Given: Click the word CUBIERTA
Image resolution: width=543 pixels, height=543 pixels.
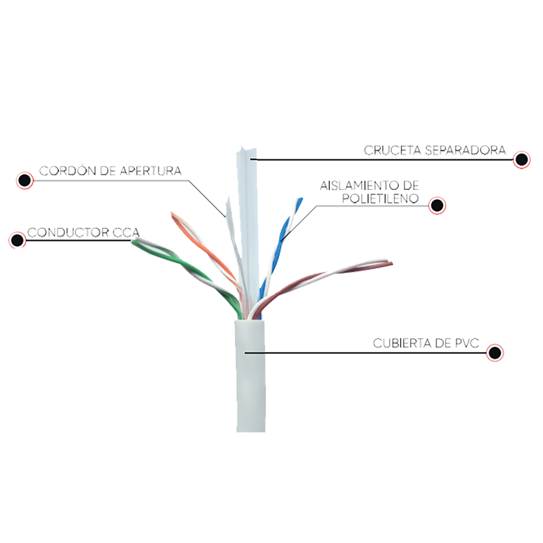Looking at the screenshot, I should click(402, 345).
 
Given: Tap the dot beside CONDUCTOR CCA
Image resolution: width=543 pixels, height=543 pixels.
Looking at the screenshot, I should click(18, 240).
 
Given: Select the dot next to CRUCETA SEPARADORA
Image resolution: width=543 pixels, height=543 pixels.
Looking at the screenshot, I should click(522, 160).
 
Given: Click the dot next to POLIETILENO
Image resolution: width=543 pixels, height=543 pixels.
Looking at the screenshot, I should click(437, 205).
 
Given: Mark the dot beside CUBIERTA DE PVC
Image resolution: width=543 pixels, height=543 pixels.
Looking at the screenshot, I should click(495, 353).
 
